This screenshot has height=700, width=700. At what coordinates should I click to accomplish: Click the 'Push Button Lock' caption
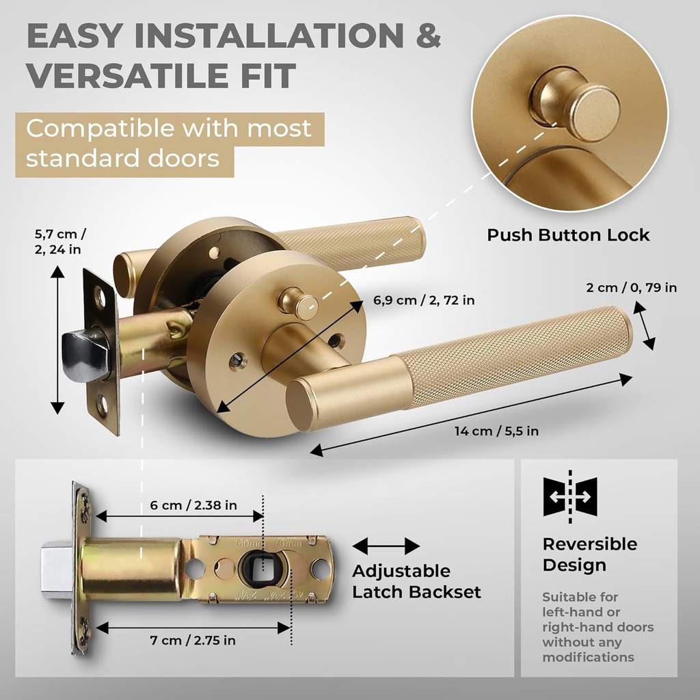tap(568, 235)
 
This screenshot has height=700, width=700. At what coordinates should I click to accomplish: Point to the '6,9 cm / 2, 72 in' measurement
tap(424, 300)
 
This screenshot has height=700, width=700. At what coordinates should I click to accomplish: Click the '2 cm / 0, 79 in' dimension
tap(632, 288)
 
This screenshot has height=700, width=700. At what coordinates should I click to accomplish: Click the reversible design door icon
tap(570, 496)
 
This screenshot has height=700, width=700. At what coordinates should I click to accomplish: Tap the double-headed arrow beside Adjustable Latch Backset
tap(386, 546)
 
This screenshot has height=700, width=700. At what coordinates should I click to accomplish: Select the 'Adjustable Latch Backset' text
tap(416, 581)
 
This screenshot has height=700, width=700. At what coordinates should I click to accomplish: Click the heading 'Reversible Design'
tap(589, 554)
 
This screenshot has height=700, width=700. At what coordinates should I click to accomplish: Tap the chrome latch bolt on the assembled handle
tap(85, 355)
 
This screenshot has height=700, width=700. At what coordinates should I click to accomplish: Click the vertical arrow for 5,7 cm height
tap(57, 339)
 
